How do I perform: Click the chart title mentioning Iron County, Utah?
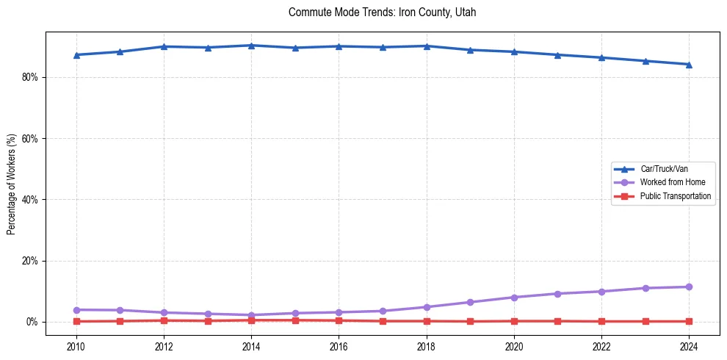tap(383, 12)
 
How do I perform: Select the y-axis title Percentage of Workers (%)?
tap(11, 184)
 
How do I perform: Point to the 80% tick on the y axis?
tap(29, 77)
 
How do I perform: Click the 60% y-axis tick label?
tap(29, 138)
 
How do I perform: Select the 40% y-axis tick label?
tap(29, 200)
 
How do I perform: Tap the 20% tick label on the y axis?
tap(29, 261)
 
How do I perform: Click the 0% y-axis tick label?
tap(32, 322)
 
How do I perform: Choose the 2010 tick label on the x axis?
tap(76, 345)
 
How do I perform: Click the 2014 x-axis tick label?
tap(251, 345)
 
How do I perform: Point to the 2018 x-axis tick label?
tap(427, 345)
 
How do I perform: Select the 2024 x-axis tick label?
tap(689, 345)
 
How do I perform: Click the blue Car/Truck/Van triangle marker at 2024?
tap(689, 64)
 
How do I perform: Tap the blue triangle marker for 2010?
tap(76, 55)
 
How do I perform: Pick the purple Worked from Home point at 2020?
tap(514, 298)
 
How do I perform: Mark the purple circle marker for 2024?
tap(689, 287)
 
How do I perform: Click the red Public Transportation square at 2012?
tap(164, 320)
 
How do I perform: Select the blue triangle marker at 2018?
tap(427, 46)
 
